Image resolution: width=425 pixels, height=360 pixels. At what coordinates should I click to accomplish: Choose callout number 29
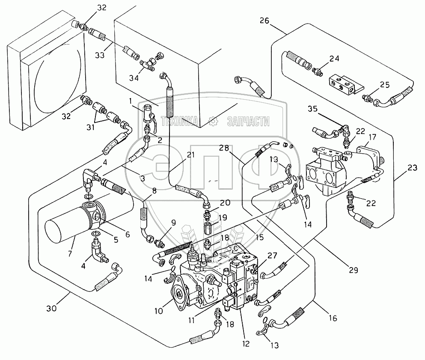point(353,270)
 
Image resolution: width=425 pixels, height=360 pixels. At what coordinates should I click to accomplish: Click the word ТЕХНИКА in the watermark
point(179,122)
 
